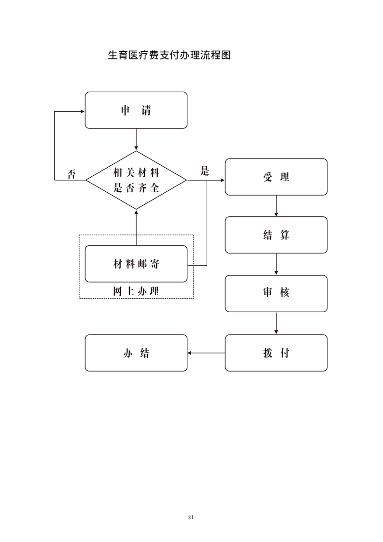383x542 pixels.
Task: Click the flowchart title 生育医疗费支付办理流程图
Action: click(x=170, y=55)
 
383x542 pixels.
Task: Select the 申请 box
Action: click(x=136, y=110)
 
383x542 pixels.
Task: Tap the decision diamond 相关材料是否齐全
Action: click(x=136, y=180)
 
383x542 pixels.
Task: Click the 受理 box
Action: click(x=276, y=177)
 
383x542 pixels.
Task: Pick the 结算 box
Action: click(x=276, y=235)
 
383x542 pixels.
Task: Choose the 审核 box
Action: click(x=276, y=293)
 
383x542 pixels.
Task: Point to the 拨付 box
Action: click(x=276, y=353)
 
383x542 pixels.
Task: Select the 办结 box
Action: click(x=136, y=353)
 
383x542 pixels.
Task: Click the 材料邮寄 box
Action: click(x=136, y=264)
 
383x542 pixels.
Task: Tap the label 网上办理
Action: click(x=136, y=291)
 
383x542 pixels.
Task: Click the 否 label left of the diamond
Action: click(x=71, y=174)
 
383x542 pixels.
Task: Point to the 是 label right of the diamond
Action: click(x=205, y=171)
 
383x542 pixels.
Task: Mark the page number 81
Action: click(x=191, y=517)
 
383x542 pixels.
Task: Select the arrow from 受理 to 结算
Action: click(x=276, y=206)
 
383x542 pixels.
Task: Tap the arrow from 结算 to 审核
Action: click(x=276, y=264)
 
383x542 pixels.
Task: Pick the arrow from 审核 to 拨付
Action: click(x=276, y=323)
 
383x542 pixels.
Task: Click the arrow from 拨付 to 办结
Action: click(x=206, y=353)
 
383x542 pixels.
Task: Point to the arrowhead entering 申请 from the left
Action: click(x=82, y=111)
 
